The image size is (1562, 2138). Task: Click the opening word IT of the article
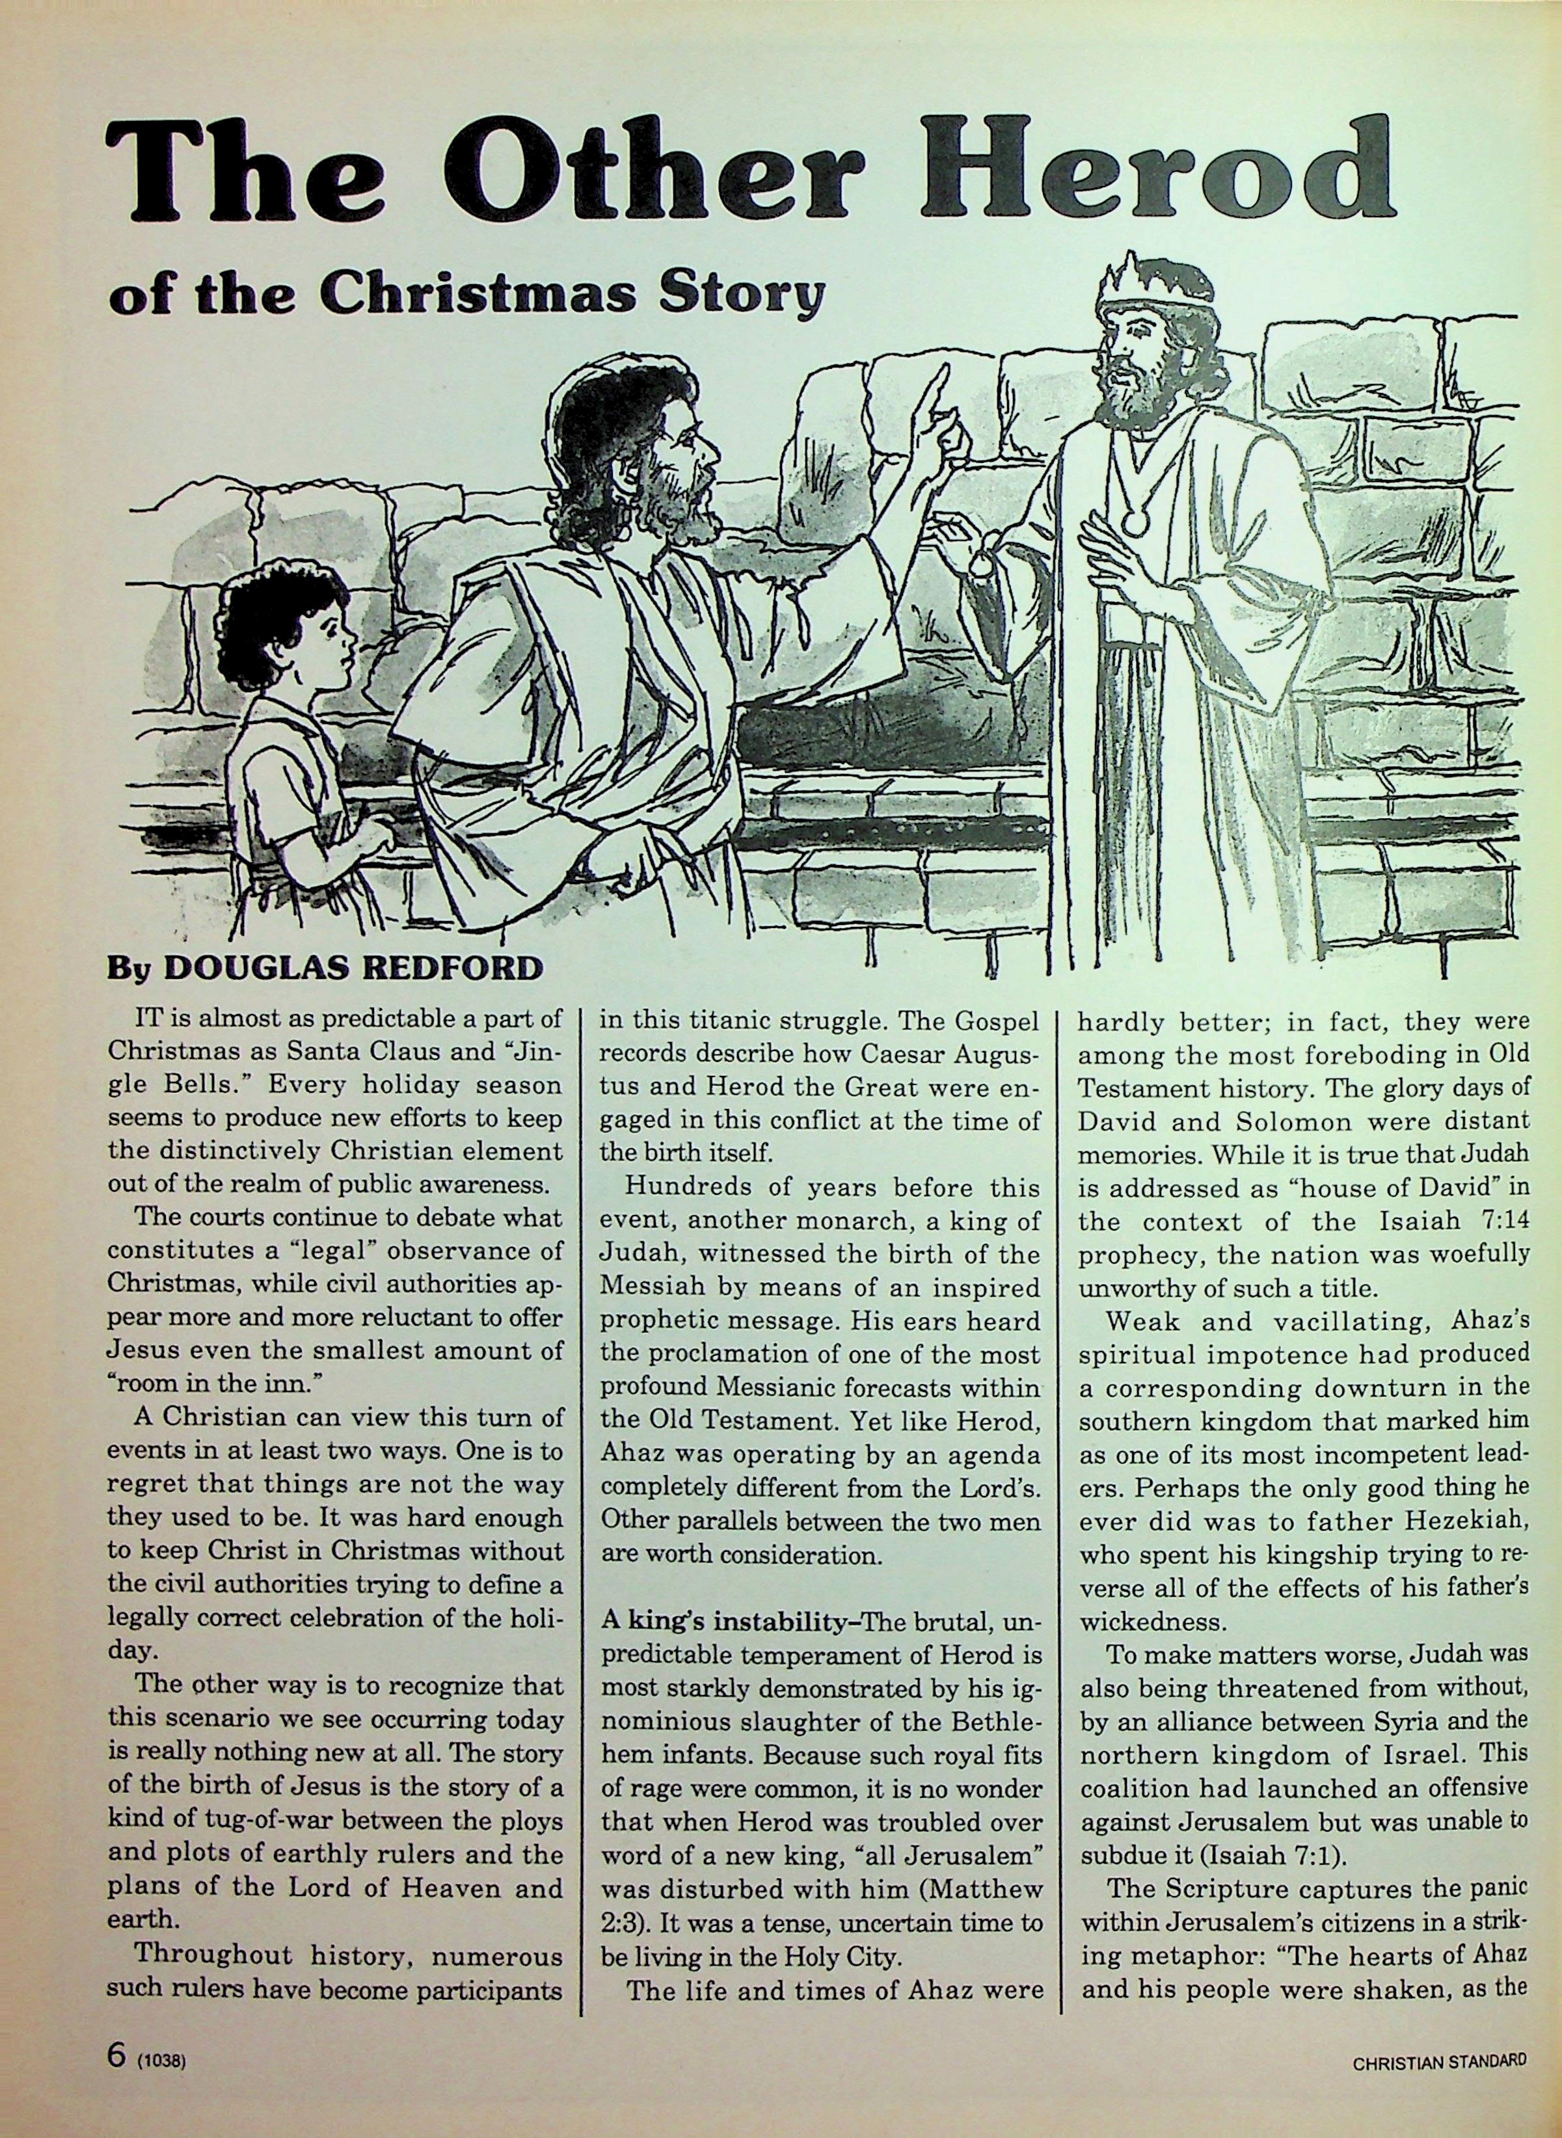click(x=146, y=1022)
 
